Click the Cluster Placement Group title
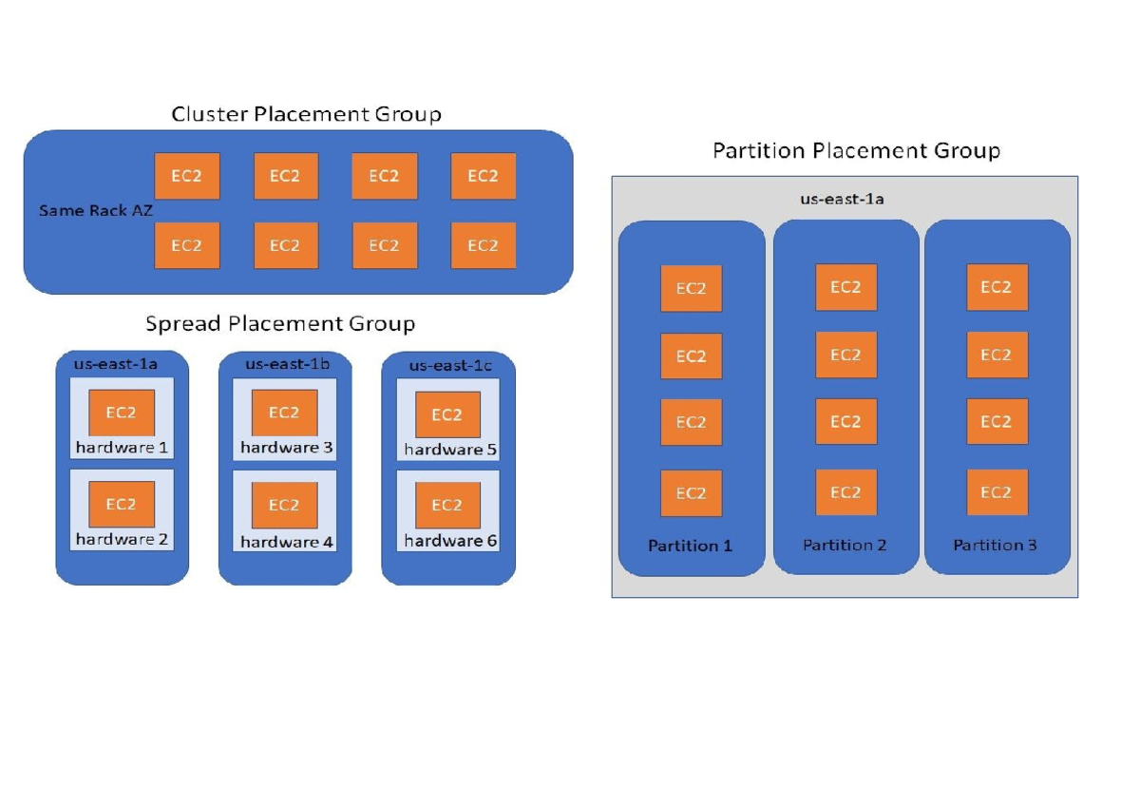(x=306, y=115)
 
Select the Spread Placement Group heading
(x=280, y=324)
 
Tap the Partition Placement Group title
(x=856, y=151)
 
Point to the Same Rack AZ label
(x=95, y=210)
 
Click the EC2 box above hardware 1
(x=122, y=413)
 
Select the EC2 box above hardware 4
(x=284, y=505)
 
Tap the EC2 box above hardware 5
(x=447, y=414)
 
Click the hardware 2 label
(x=122, y=540)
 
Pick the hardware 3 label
(x=286, y=447)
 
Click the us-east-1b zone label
(x=284, y=363)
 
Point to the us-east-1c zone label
(x=448, y=365)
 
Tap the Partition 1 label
(x=691, y=546)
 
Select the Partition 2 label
(x=845, y=545)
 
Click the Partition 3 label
(x=995, y=545)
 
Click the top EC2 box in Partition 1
(x=691, y=289)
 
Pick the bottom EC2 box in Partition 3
(x=997, y=492)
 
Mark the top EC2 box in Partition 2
(x=845, y=287)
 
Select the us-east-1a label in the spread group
(x=121, y=363)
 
